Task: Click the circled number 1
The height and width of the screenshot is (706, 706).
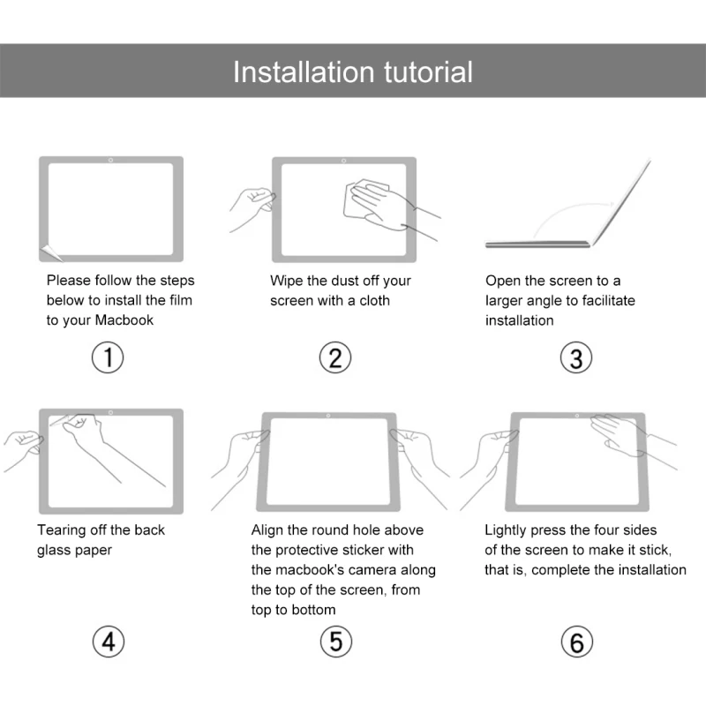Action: pyautogui.click(x=109, y=357)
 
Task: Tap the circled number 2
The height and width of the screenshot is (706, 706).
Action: pyautogui.click(x=335, y=357)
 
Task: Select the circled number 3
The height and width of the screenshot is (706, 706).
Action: pyautogui.click(x=576, y=358)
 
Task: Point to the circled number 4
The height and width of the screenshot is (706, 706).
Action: pyautogui.click(x=109, y=642)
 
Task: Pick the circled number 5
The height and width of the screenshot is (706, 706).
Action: pyautogui.click(x=335, y=642)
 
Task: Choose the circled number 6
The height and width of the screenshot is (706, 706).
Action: pyautogui.click(x=576, y=642)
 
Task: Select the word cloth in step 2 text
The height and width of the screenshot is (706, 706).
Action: pyautogui.click(x=373, y=300)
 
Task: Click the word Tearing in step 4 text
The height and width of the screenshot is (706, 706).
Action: pyautogui.click(x=64, y=530)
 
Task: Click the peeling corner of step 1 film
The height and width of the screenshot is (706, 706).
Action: pyautogui.click(x=51, y=252)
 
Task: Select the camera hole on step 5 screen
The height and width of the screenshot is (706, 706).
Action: pyautogui.click(x=328, y=415)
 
